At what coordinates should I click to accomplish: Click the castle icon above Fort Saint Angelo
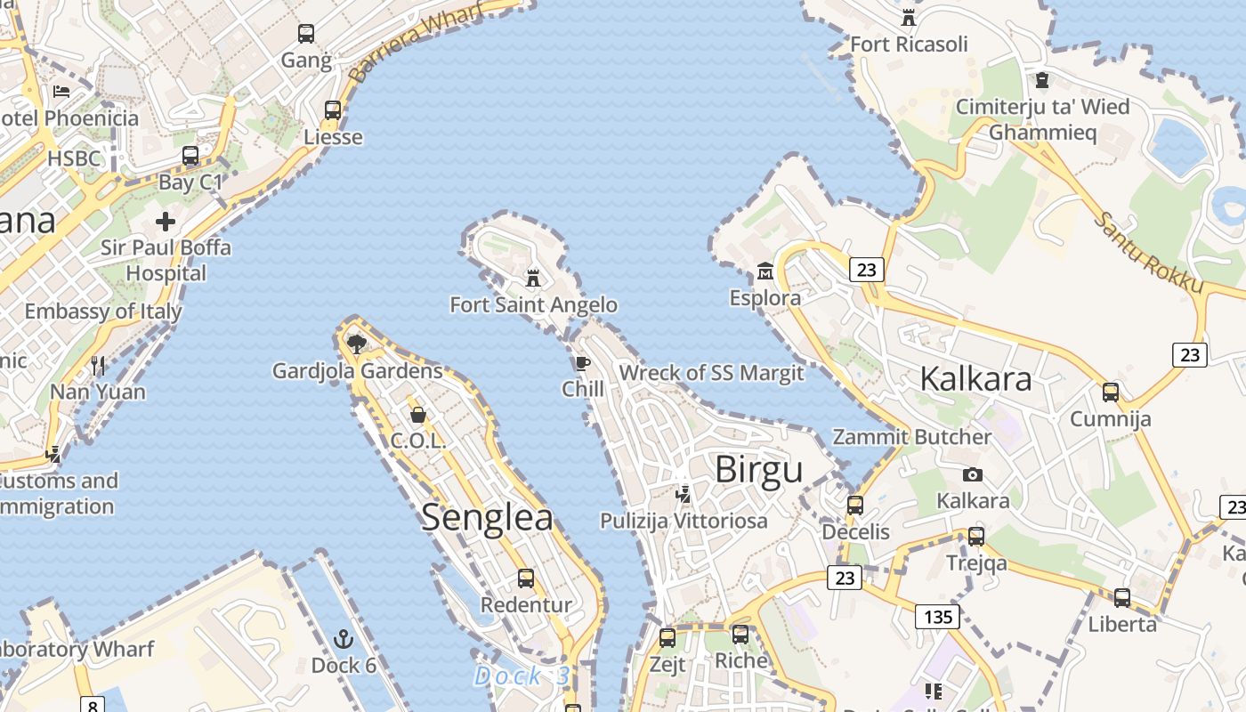pos(533,278)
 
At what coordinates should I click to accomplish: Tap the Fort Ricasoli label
pos(909,44)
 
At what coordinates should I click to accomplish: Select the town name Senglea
pos(487,517)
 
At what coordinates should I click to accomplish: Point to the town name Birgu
pos(758,469)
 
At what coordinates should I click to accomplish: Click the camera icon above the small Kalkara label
pos(973,474)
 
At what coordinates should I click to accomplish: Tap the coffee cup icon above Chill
pos(582,363)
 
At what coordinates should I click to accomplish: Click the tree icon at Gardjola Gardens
pos(357,344)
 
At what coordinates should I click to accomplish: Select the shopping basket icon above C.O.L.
pos(417,415)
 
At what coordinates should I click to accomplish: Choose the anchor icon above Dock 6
pos(344,639)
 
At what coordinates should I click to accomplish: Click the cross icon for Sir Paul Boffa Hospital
pos(166,221)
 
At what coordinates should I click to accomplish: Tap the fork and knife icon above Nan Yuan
pos(98,365)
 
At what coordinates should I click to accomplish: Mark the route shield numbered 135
pos(938,617)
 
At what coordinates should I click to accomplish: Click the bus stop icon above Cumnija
pos(1111,392)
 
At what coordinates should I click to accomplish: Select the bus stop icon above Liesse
pos(333,110)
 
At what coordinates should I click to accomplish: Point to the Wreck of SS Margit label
pos(711,373)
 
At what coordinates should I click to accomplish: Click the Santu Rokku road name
pos(1149,253)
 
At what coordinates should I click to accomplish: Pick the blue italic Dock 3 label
pos(522,676)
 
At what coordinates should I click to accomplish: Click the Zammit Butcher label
pos(911,437)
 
